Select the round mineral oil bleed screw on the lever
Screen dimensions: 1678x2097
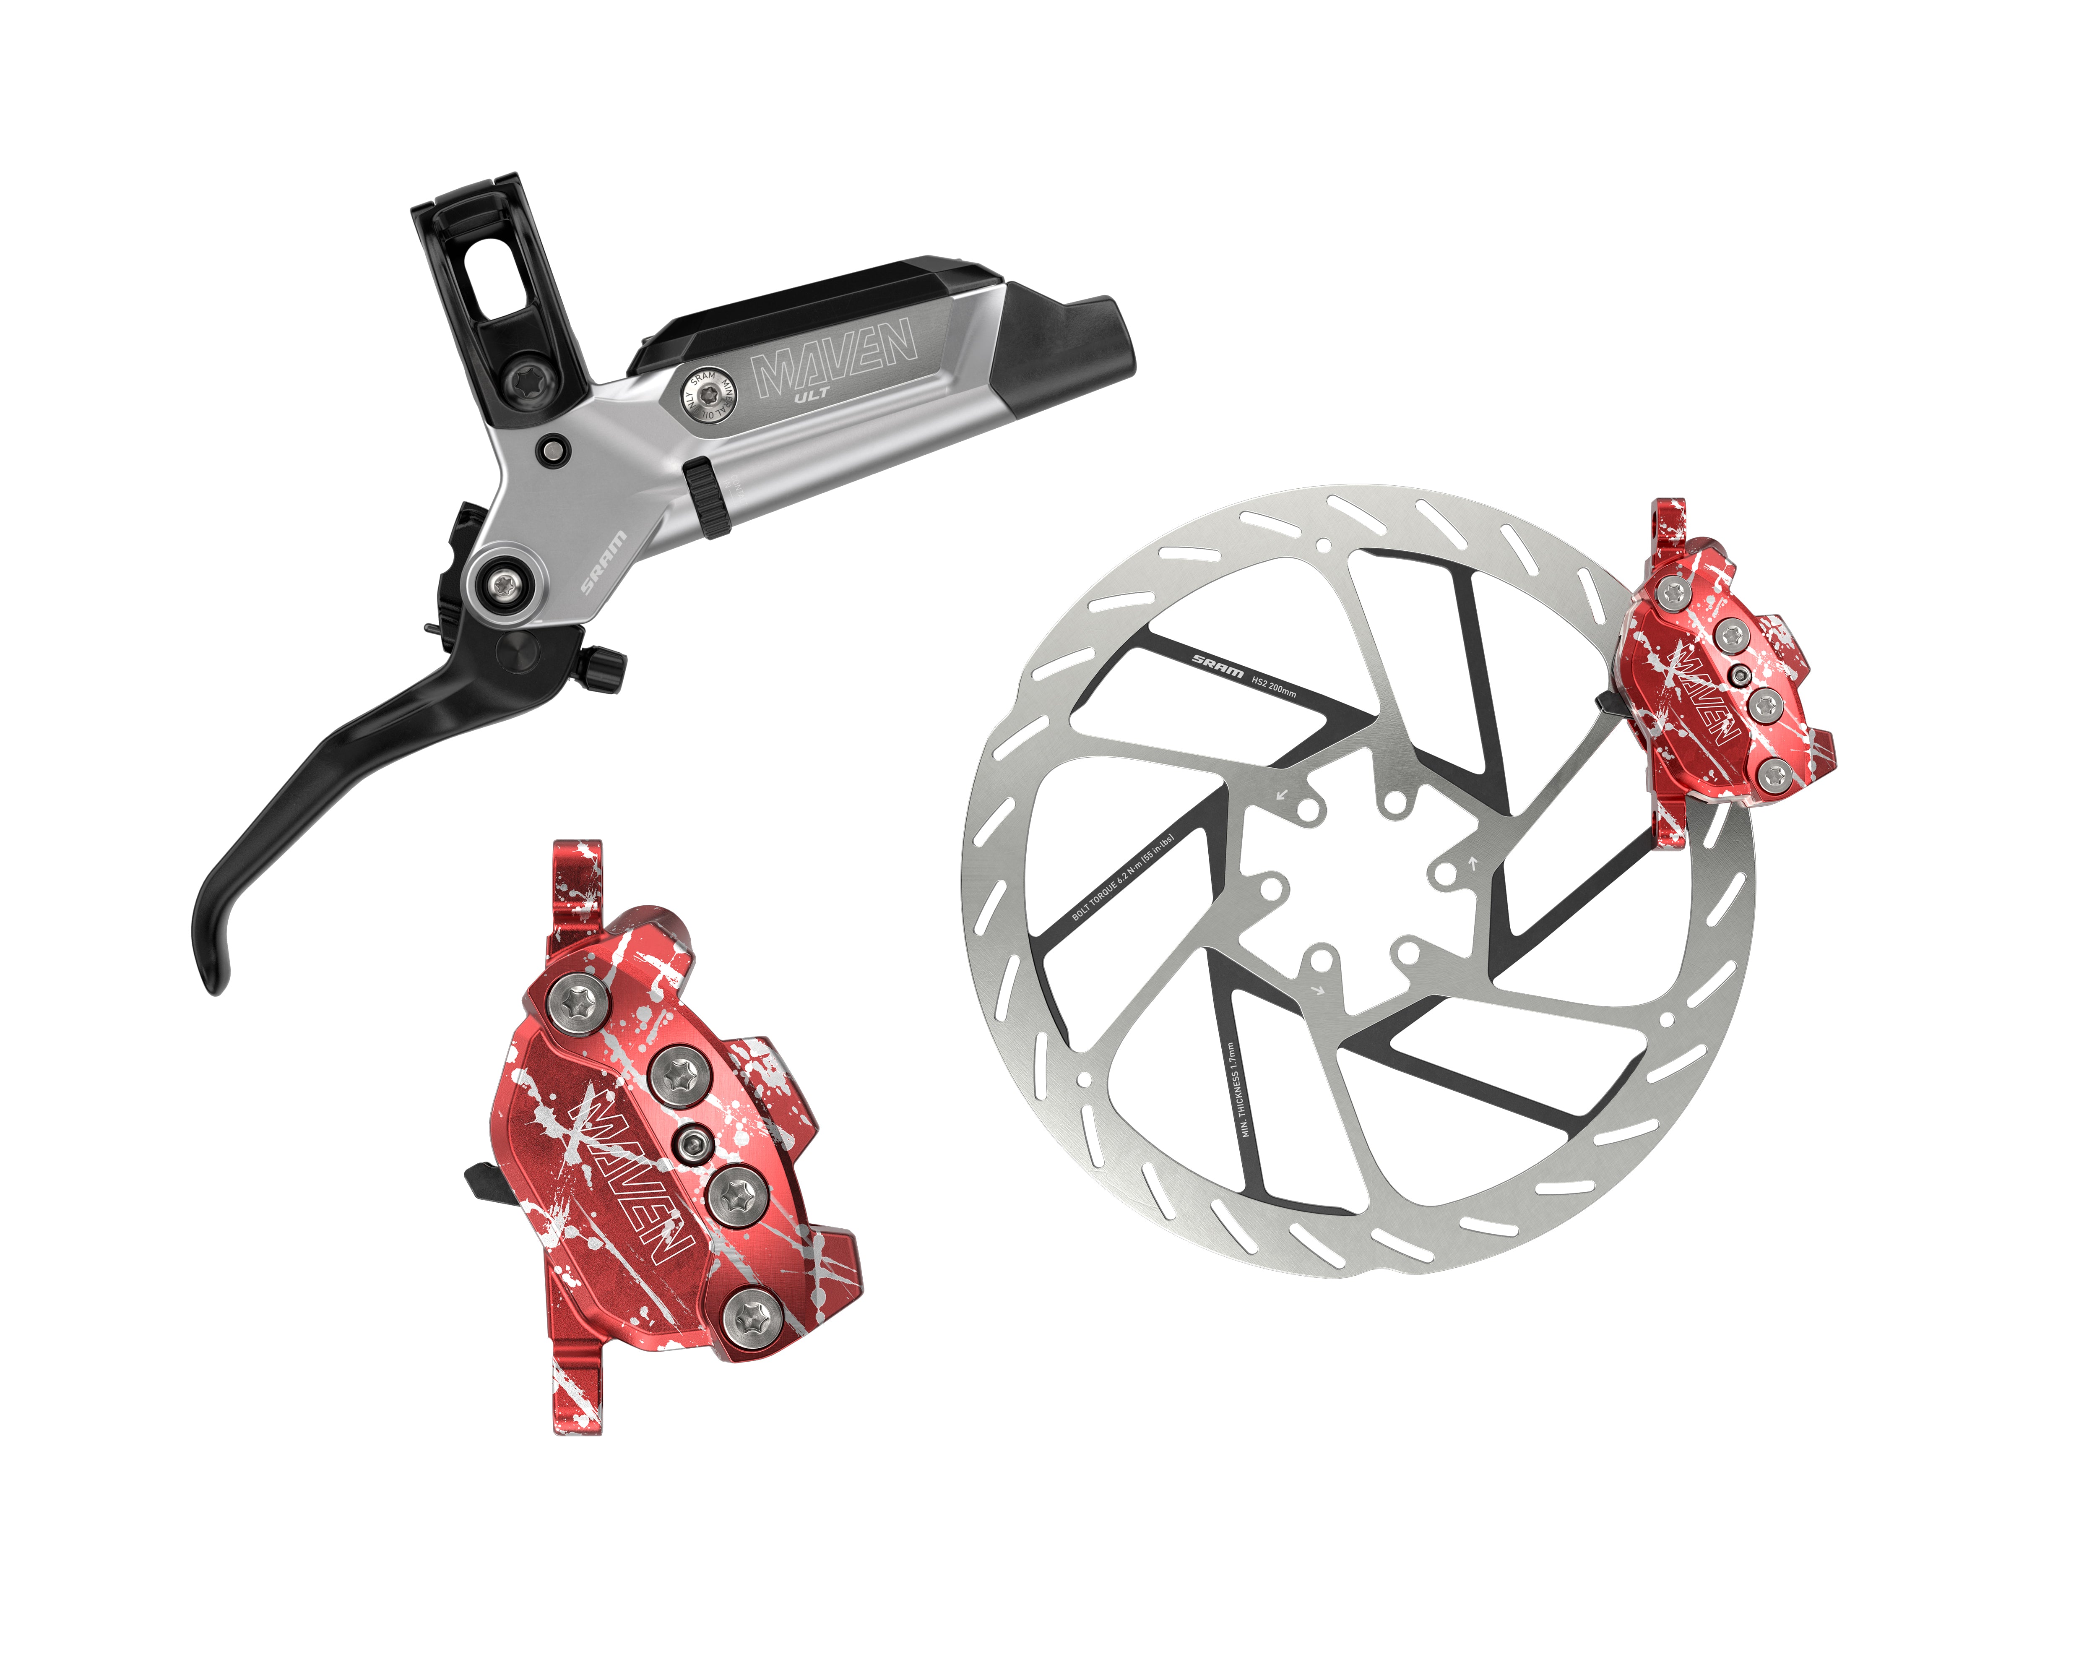pos(707,396)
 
